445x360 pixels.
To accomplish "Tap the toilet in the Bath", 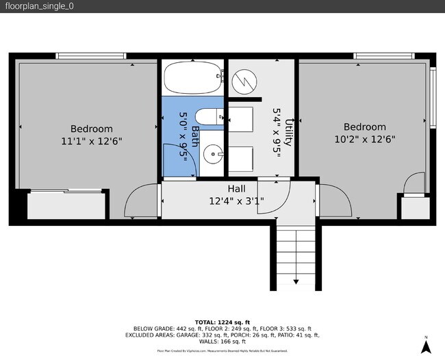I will coord(211,117).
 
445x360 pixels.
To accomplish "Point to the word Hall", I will coord(236,189).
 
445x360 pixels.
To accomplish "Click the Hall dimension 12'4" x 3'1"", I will coord(236,201).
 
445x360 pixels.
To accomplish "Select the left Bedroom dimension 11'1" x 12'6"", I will coord(92,141).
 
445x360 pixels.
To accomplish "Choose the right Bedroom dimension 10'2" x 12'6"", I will coord(364,139).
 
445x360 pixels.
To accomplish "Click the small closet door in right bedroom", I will coord(414,184).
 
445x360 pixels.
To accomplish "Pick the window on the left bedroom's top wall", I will coord(90,55).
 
